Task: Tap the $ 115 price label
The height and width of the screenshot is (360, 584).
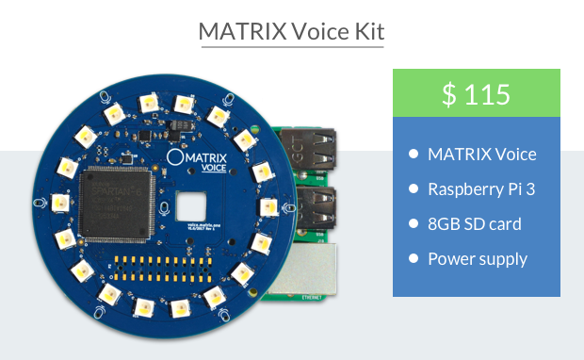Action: (x=476, y=93)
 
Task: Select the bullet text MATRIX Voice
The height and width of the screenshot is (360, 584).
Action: (x=481, y=154)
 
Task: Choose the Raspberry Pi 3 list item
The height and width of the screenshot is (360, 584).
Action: (x=481, y=188)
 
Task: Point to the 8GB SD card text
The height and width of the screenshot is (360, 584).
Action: (x=474, y=223)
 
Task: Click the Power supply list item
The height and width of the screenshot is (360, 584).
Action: (x=478, y=258)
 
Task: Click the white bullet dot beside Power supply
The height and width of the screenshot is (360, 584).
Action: (x=414, y=259)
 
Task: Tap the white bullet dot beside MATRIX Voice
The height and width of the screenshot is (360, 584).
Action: (x=414, y=155)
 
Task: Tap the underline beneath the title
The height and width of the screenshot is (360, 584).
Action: (x=291, y=46)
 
